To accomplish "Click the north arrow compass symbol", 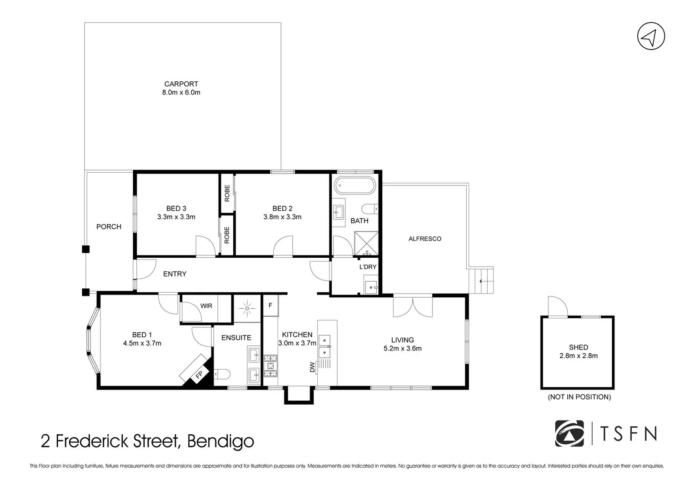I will (651, 36).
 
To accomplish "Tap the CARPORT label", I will (181, 84).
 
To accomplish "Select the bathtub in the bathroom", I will (355, 185).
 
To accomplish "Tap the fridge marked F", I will (270, 306).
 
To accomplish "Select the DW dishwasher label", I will (312, 367).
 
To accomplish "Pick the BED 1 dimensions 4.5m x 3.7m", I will (142, 343).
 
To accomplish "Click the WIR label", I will (206, 306).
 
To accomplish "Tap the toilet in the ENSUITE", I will (223, 374).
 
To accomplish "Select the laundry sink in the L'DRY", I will (371, 287).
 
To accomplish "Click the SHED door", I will (557, 307).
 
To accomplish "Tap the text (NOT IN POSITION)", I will (579, 397).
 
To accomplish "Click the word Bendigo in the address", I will (220, 441).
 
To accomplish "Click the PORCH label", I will (109, 226).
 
